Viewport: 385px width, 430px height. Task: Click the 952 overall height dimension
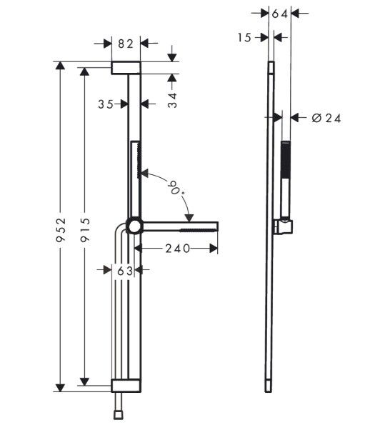click(x=61, y=229)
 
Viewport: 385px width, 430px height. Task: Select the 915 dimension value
click(x=85, y=229)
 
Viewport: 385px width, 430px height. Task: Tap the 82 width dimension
click(x=126, y=44)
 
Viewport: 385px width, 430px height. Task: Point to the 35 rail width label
click(x=106, y=104)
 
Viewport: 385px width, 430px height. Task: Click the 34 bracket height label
click(x=172, y=101)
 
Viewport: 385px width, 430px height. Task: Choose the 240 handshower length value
click(x=178, y=249)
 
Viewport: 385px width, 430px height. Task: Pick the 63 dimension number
click(x=125, y=271)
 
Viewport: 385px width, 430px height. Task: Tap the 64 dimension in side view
click(x=280, y=14)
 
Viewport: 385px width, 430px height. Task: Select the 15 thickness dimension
click(x=244, y=38)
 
